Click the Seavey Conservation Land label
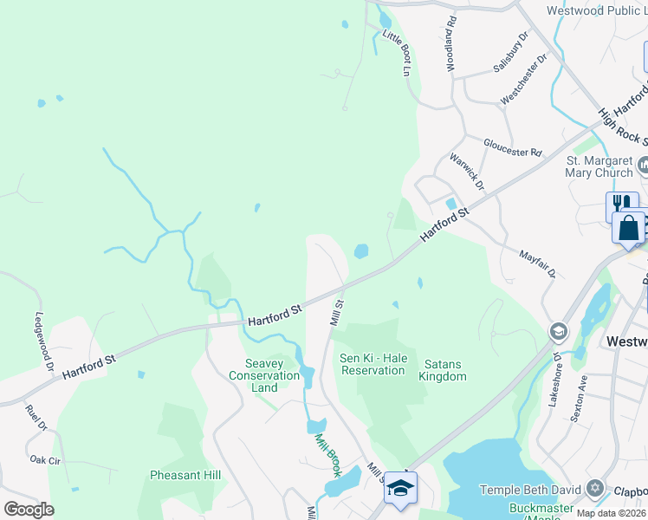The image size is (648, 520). click(x=264, y=375)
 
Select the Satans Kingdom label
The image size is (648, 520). click(x=443, y=370)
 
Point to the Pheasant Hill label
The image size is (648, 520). click(x=185, y=475)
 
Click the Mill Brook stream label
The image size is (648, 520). click(x=327, y=455)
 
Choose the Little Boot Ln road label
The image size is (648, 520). click(x=395, y=53)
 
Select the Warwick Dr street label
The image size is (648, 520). click(x=466, y=172)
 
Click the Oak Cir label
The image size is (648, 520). click(x=44, y=459)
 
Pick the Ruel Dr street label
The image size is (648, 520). click(x=36, y=417)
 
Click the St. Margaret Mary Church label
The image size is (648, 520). click(x=599, y=166)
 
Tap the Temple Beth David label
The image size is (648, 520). click(x=528, y=490)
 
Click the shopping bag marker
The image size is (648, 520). click(x=628, y=228)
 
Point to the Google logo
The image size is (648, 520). click(x=29, y=510)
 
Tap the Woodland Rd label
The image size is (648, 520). click(x=450, y=48)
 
